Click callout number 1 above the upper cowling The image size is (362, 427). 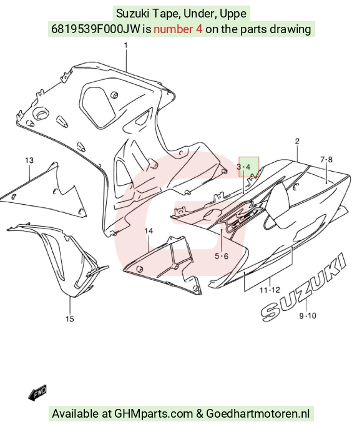[125, 46]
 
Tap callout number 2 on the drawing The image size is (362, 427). [297, 141]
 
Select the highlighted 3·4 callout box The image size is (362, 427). [249, 167]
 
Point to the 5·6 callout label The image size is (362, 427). [222, 256]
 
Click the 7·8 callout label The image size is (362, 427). [326, 159]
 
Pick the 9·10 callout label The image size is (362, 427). [308, 316]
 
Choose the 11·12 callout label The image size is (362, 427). [270, 290]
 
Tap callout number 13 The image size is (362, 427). [29, 160]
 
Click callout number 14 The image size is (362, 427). [149, 231]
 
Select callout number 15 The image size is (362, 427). [70, 318]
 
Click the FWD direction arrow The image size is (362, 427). [37, 393]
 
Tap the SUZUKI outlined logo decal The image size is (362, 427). [303, 287]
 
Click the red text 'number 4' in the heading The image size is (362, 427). [178, 29]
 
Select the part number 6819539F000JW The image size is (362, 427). [95, 29]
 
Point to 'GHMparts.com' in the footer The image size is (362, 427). [154, 414]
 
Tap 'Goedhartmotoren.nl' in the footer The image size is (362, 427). [258, 413]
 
